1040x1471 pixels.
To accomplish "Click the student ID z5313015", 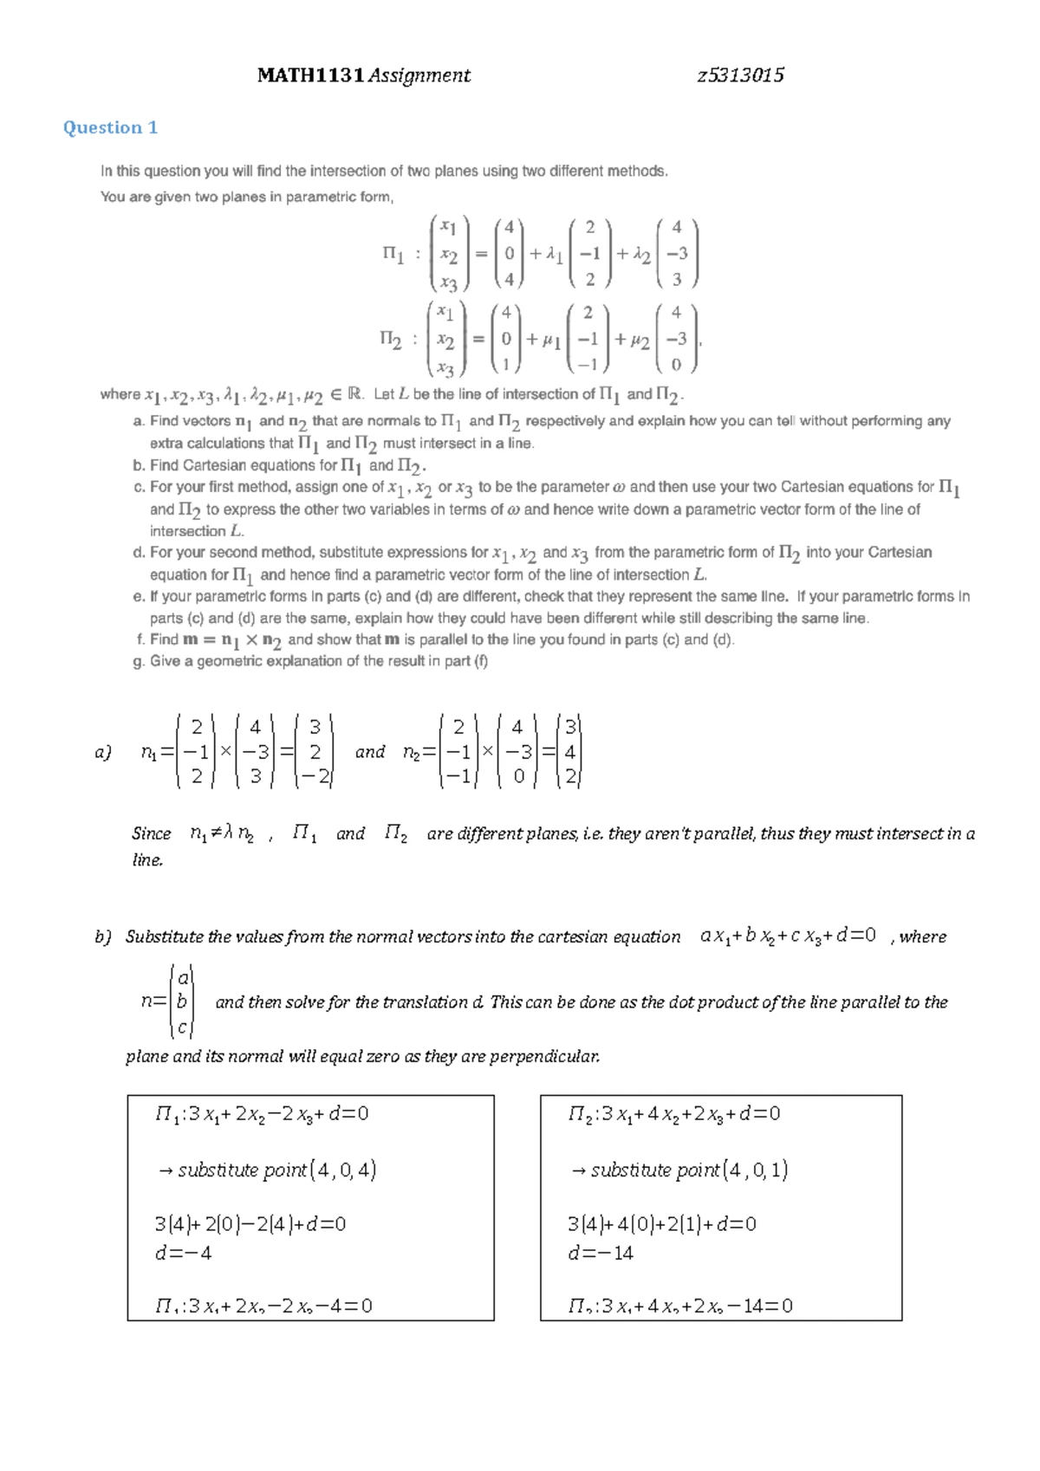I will [x=741, y=75].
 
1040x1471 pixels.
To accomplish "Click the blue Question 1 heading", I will [x=110, y=127].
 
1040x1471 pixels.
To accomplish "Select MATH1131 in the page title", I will [x=310, y=75].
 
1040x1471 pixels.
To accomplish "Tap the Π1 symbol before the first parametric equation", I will [x=393, y=254].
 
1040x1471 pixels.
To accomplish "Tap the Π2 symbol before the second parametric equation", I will [x=391, y=339].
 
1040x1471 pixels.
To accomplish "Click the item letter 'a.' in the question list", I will [x=139, y=421].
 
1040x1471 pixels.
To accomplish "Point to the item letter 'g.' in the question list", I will [x=139, y=661].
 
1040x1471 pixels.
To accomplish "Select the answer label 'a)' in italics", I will [x=103, y=752].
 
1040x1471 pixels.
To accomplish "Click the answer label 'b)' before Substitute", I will [x=103, y=936].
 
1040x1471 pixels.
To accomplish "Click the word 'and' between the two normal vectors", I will [x=370, y=752].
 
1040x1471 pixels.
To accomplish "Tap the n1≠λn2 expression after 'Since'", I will [x=221, y=834].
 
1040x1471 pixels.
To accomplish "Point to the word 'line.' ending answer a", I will [x=147, y=860].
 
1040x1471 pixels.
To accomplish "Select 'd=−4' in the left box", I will [x=183, y=1253].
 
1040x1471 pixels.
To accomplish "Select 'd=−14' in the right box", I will [x=601, y=1253].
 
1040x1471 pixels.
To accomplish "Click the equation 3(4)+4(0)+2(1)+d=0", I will [x=661, y=1224].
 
